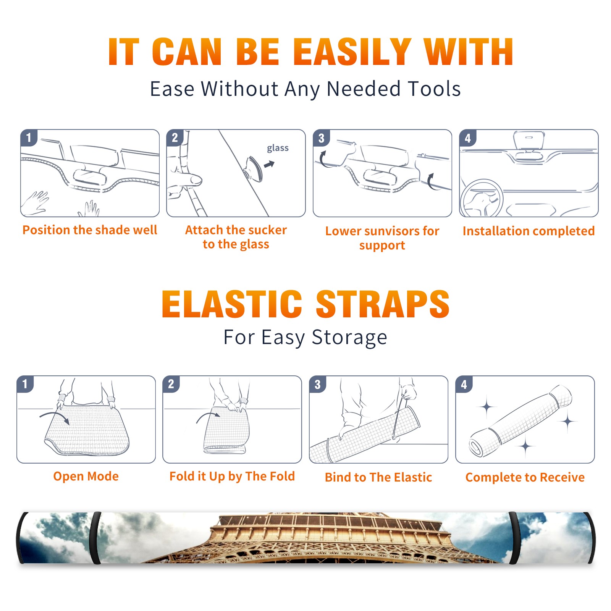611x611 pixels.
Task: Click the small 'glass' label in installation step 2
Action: click(278, 148)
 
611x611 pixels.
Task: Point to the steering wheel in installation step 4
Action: click(481, 198)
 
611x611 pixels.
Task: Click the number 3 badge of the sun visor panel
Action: click(321, 138)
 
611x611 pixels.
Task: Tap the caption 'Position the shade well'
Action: click(90, 230)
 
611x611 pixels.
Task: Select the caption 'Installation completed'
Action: click(529, 231)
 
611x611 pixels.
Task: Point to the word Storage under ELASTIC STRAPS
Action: click(349, 338)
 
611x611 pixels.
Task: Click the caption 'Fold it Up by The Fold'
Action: click(232, 476)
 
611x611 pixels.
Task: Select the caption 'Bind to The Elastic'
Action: click(378, 477)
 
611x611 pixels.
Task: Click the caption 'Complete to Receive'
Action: click(525, 477)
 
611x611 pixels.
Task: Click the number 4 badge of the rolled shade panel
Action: click(464, 384)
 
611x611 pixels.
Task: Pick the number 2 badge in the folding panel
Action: click(171, 384)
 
